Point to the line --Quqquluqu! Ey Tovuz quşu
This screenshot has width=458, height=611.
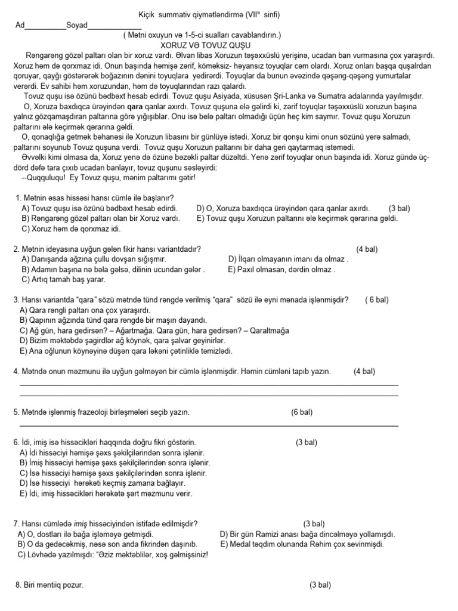[108, 177]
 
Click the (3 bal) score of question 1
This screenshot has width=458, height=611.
[399, 209]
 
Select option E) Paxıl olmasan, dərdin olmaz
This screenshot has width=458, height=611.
[281, 269]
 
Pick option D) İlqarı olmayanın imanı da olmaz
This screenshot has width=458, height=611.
[289, 260]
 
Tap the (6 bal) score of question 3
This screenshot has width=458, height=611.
[377, 300]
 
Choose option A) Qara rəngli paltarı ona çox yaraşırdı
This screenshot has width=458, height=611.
[86, 310]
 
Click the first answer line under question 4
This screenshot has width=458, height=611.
[209, 385]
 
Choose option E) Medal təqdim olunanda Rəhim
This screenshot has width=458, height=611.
[302, 544]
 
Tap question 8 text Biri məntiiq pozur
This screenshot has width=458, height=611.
[49, 585]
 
